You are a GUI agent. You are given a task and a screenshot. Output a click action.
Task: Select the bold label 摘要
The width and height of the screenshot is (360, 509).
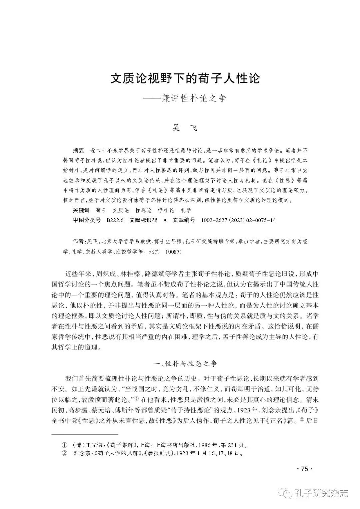[79, 150]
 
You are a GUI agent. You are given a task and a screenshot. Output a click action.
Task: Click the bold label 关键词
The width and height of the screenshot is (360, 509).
[81, 210]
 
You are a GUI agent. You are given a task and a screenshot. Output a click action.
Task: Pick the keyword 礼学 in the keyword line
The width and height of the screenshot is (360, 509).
[186, 210]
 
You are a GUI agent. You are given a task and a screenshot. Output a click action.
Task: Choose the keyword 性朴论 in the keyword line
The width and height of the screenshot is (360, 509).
[166, 210]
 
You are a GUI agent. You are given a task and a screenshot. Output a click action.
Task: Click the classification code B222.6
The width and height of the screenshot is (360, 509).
[115, 220]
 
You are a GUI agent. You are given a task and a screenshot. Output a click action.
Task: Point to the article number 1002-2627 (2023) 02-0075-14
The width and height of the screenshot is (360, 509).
[239, 220]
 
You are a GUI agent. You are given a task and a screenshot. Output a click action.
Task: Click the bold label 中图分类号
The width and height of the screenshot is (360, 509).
[87, 220]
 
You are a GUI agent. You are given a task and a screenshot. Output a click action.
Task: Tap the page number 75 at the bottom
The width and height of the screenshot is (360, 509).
[304, 469]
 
